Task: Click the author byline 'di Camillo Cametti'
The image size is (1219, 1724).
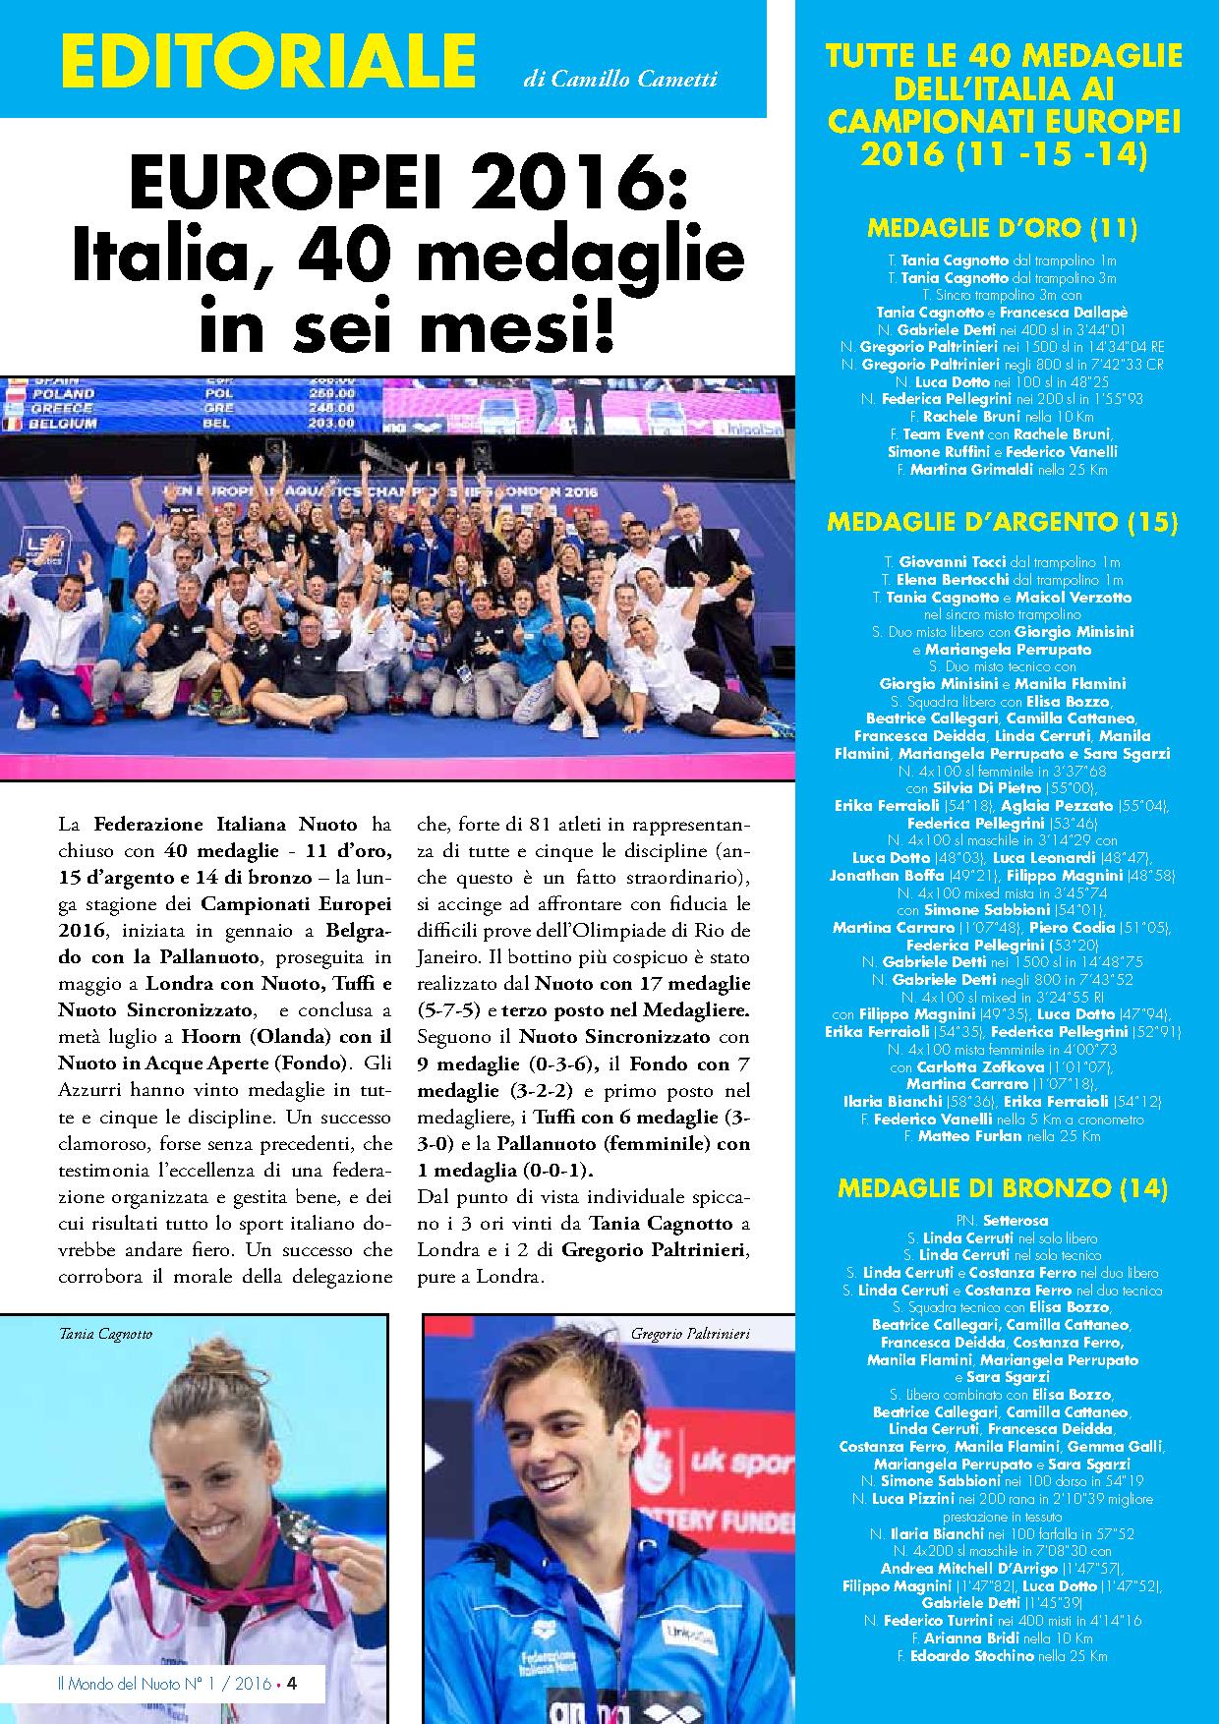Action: (620, 80)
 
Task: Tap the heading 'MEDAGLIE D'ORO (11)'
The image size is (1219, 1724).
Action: (1002, 229)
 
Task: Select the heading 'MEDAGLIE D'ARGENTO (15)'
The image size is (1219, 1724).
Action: (1002, 521)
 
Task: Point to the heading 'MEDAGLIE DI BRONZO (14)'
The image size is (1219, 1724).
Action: (1002, 1187)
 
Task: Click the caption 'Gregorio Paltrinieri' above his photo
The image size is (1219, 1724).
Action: (690, 1334)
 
